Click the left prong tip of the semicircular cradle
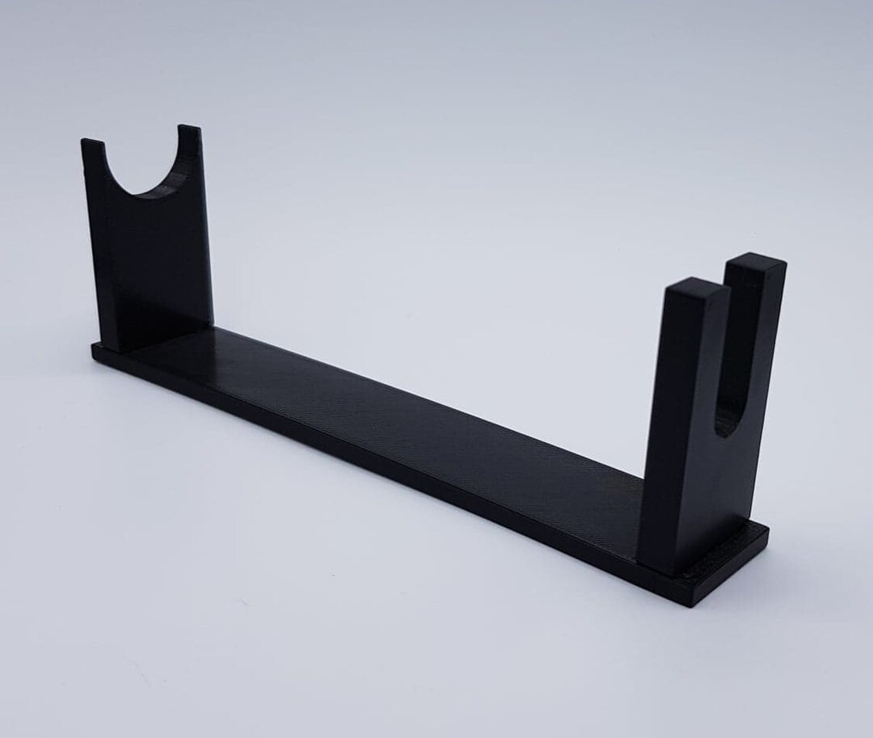click(93, 144)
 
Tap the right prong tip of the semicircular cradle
click(189, 129)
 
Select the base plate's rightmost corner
click(766, 529)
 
